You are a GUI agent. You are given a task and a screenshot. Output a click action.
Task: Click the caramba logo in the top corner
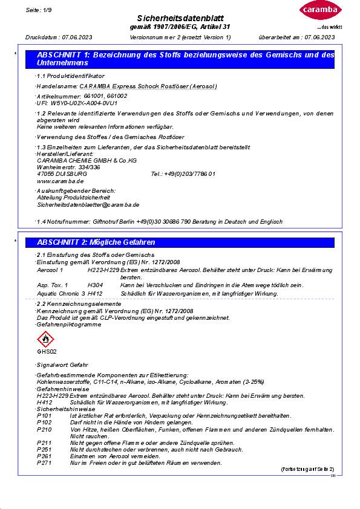[316, 11]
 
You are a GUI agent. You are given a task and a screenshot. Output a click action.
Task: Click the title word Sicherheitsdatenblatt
[180, 19]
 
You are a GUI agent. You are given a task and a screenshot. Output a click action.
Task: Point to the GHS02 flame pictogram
[47, 338]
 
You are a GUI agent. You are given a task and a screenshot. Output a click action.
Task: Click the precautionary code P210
[44, 429]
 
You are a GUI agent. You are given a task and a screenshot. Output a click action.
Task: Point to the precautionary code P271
[44, 462]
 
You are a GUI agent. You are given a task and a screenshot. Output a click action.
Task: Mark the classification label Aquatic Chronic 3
[61, 294]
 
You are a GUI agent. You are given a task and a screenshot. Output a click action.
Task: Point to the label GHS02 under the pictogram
[47, 351]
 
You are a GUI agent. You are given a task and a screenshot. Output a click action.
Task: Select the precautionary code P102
[44, 422]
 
